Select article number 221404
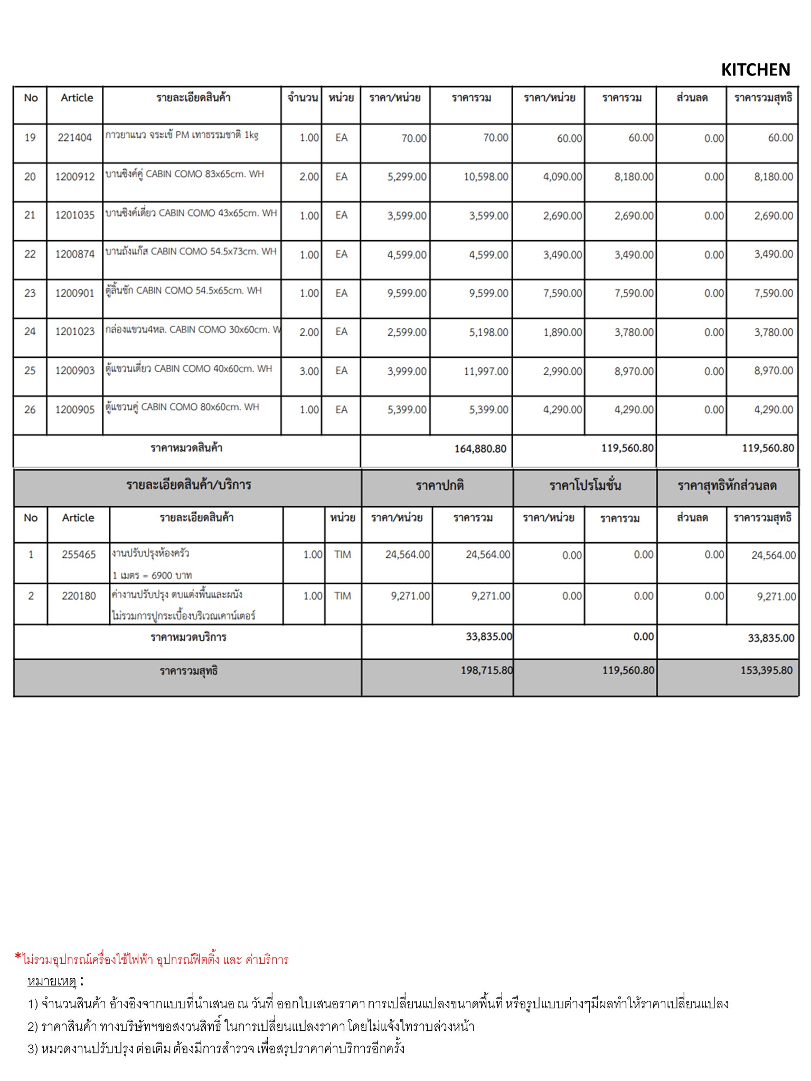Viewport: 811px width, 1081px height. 74,138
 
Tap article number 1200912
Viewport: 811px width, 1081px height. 74,177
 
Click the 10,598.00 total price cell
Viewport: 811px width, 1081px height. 486,177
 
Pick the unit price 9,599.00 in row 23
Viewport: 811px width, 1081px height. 407,293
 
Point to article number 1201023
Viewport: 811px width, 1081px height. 74,332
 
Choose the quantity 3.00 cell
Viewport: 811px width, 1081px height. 309,371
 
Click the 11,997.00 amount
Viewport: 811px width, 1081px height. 486,371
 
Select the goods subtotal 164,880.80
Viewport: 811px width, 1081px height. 480,449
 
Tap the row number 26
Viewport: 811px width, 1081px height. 30,410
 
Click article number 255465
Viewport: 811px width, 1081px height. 79,555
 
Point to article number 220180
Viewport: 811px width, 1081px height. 79,596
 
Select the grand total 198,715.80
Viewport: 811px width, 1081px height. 486,670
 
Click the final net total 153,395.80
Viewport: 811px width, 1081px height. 766,670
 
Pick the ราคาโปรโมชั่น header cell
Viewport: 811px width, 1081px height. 585,486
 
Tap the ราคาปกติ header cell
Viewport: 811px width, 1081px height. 439,486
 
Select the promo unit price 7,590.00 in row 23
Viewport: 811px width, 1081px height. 562,293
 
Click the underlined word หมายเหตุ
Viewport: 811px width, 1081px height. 52,981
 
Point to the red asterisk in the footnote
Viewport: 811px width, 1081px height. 18,956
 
